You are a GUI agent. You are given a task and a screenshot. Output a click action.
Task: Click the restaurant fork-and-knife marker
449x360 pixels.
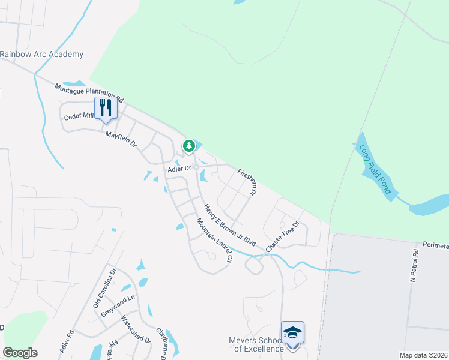coord(106,108)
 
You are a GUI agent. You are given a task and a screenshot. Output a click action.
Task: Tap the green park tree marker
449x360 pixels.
coord(189,146)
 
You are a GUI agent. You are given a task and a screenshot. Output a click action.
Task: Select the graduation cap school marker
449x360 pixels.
coord(292,332)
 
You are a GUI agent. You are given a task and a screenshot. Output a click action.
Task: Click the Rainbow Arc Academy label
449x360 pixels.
coord(41,55)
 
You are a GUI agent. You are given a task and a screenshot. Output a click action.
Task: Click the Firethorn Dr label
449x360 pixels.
coord(247,182)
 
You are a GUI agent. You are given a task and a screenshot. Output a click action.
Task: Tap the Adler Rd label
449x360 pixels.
coord(67,341)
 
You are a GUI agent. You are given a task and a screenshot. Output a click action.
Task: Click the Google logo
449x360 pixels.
coord(20,353)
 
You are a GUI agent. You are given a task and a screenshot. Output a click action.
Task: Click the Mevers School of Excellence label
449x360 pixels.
coord(256,344)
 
